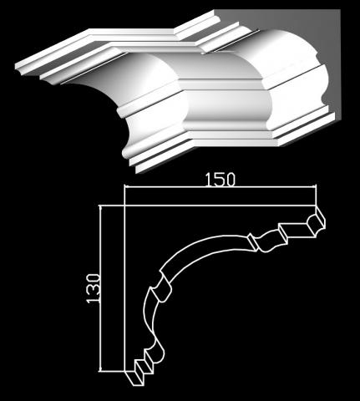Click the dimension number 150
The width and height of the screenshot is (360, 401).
pos(221,180)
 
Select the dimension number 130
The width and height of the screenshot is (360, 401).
pos(93,288)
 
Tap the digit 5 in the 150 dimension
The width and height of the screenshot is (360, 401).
pos(220,180)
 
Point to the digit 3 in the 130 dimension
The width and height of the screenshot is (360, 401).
pos(93,289)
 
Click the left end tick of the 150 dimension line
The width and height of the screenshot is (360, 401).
pos(125,188)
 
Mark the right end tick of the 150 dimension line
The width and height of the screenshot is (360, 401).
pos(315,188)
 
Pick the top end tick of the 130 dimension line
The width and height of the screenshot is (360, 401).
pos(101,206)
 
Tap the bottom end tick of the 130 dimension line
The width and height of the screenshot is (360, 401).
pos(101,371)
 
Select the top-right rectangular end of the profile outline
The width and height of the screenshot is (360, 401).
pos(316,225)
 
